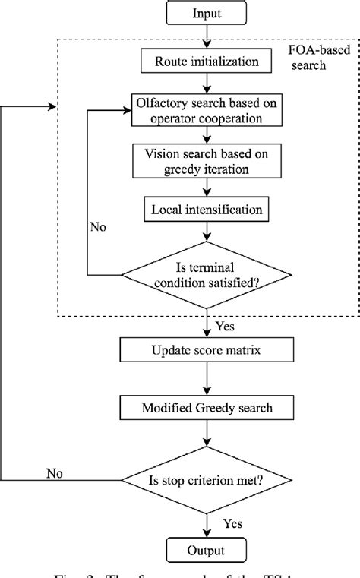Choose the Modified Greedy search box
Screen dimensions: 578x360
207,408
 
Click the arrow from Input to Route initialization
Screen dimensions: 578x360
207,39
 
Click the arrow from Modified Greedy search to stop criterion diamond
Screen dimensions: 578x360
207,437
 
